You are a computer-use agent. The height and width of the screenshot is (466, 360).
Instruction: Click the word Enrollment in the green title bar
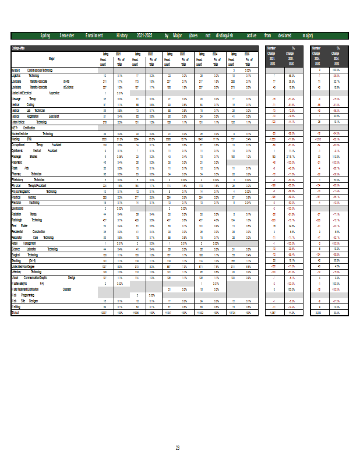coord(94,36)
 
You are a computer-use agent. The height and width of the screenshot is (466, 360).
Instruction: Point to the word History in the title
coord(122,36)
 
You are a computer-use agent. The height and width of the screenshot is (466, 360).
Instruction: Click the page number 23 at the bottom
coord(178,447)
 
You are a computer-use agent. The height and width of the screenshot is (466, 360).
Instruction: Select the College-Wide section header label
coord(19,48)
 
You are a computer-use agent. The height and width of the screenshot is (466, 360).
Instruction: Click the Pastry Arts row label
coord(20,168)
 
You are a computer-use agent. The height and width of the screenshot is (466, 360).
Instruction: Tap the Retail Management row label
coord(26,243)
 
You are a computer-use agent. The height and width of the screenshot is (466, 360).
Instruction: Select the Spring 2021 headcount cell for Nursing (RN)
coord(104,139)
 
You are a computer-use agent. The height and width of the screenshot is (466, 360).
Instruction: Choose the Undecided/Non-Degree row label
coord(26,266)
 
